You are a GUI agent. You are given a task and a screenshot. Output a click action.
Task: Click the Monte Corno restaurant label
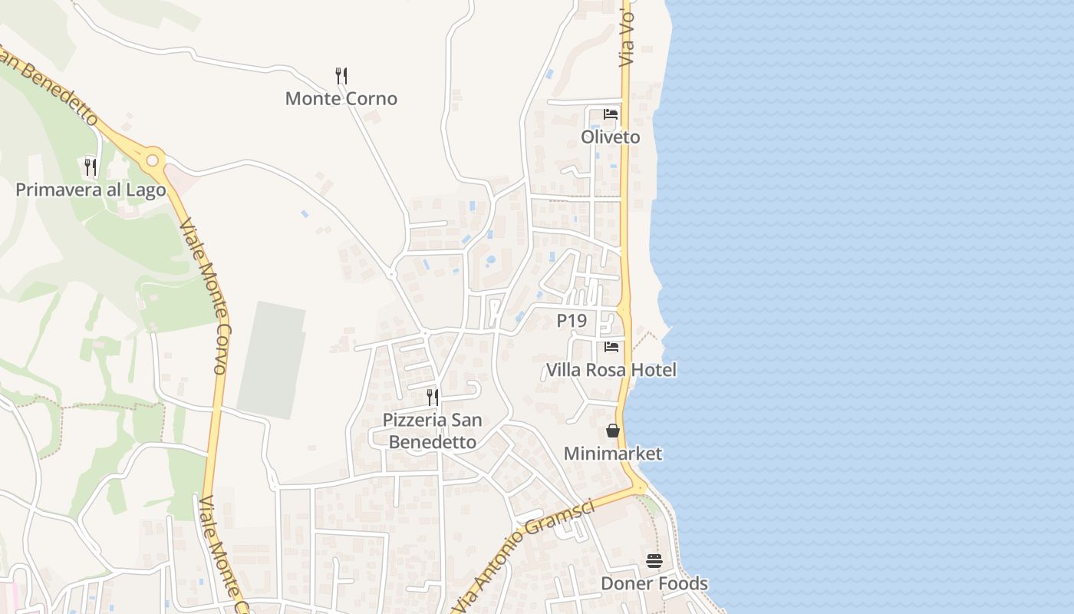click(x=341, y=98)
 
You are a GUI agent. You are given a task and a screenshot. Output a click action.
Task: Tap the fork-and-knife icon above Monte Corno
click(x=341, y=75)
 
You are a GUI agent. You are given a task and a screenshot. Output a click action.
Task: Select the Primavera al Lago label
click(x=91, y=190)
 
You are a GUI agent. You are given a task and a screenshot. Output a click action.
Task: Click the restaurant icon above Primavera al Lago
click(x=91, y=167)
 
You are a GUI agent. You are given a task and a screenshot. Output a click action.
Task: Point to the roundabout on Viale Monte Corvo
click(x=153, y=160)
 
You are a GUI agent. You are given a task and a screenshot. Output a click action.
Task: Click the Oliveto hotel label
click(x=610, y=137)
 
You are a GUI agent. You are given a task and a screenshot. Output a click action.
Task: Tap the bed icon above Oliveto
click(x=611, y=114)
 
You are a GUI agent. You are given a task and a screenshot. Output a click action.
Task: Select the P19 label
click(x=572, y=321)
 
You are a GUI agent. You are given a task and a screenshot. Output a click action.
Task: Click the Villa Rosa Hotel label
click(x=611, y=370)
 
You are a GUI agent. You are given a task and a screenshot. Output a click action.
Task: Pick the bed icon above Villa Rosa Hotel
click(x=611, y=347)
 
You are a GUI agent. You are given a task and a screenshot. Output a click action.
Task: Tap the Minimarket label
click(x=612, y=454)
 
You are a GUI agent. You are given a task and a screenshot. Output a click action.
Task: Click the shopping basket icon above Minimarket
click(x=612, y=431)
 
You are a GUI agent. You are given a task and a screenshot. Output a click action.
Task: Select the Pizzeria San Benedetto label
click(x=433, y=431)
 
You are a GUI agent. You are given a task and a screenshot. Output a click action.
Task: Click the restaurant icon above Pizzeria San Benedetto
click(x=433, y=397)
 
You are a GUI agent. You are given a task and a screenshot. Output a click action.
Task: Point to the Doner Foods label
click(x=654, y=583)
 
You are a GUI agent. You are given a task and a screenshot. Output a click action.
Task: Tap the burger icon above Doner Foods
click(x=654, y=561)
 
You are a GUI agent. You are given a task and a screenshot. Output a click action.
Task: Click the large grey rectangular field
click(x=272, y=359)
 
